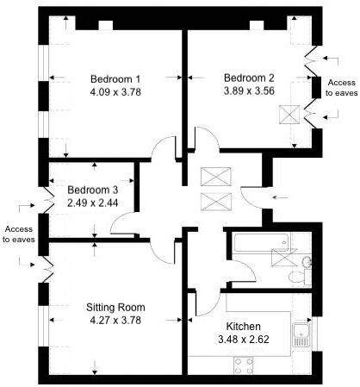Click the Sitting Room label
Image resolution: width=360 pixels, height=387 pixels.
tap(115, 307)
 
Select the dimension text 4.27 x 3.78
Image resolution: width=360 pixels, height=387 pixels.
tap(115, 321)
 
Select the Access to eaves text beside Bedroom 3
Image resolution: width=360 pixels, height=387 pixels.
tap(19, 234)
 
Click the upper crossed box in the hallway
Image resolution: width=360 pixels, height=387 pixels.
tap(212, 178)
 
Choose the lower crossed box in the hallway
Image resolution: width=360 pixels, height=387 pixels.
tap(212, 203)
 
